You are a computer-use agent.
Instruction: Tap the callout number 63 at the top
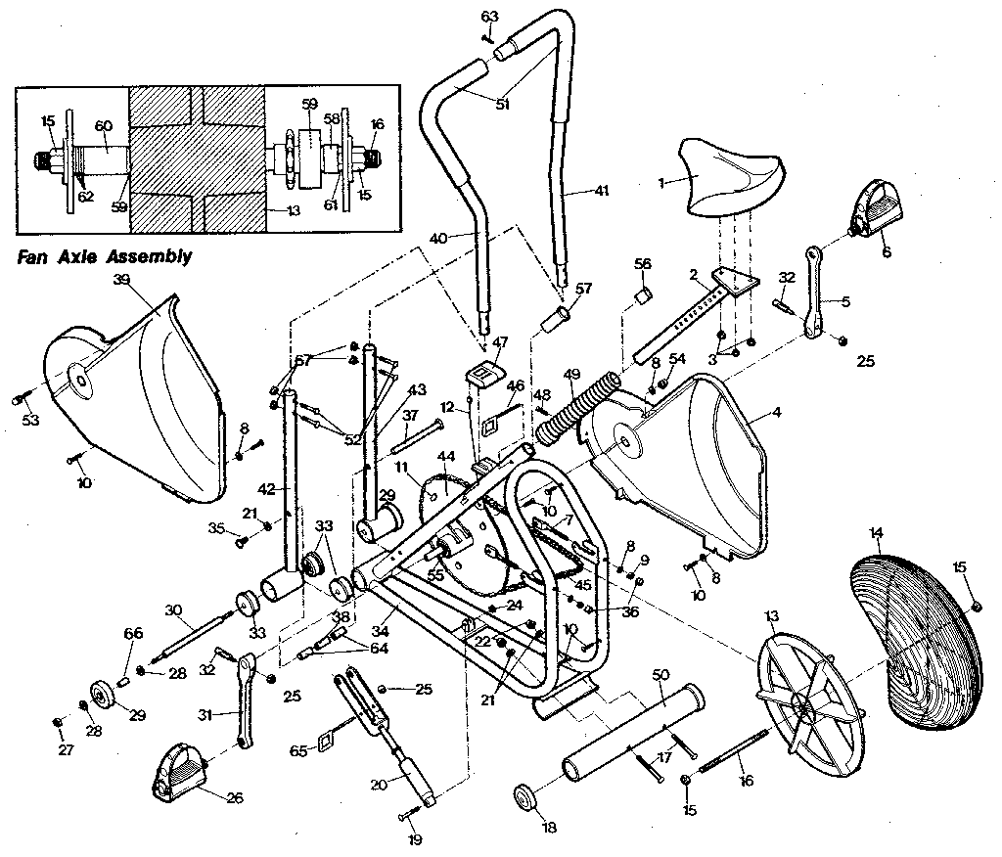[x=489, y=16]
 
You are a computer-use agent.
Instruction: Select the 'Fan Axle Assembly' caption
[x=103, y=258]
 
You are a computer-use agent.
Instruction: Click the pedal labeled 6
[x=874, y=208]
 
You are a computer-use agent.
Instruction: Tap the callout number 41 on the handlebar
[x=601, y=191]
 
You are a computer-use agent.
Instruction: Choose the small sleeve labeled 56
[x=644, y=294]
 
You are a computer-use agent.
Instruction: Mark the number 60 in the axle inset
[x=104, y=125]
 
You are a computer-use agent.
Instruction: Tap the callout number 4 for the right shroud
[x=776, y=413]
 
